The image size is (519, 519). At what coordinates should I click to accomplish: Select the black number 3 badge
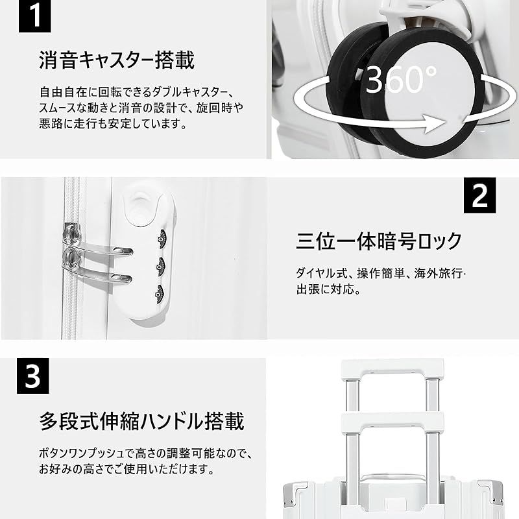(x=32, y=376)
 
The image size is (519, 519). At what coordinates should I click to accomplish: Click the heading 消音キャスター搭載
(x=117, y=61)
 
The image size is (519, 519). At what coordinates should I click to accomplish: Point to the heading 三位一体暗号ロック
(x=380, y=241)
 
